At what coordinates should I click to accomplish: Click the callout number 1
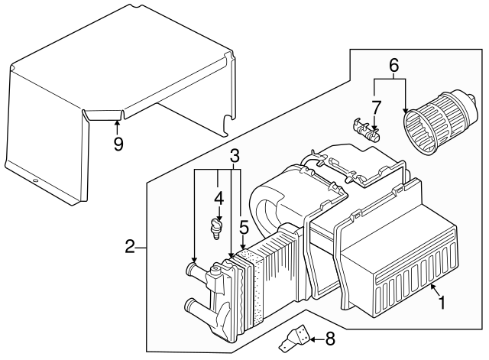point(440,302)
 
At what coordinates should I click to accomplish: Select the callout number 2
point(130,246)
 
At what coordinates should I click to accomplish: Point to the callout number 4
point(219,198)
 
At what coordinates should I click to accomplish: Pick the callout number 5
point(244,227)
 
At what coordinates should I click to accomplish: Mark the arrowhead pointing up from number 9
point(117,121)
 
